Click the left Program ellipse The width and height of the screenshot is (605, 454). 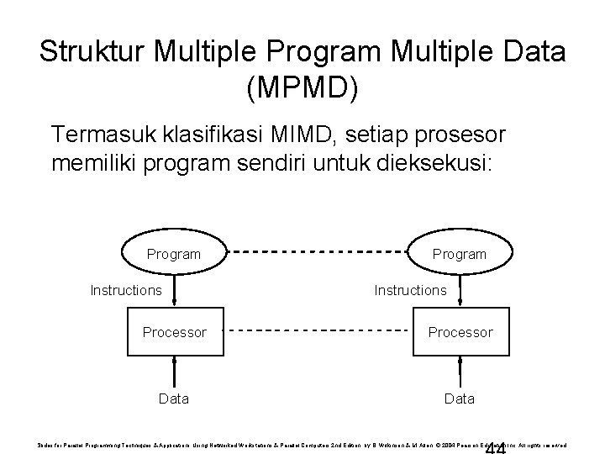click(174, 253)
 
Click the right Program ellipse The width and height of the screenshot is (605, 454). click(459, 253)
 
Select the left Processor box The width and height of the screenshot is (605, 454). click(174, 332)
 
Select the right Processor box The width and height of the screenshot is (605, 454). click(459, 332)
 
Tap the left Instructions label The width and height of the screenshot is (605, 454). click(126, 290)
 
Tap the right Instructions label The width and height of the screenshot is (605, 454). click(411, 290)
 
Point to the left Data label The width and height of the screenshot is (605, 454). click(174, 398)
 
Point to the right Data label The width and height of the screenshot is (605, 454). click(459, 398)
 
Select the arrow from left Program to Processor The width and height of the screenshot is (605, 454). click(174, 291)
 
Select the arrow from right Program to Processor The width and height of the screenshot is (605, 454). click(459, 291)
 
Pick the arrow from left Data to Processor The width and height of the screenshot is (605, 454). click(174, 370)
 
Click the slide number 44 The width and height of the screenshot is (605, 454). click(496, 446)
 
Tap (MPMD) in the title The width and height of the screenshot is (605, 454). click(302, 87)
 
